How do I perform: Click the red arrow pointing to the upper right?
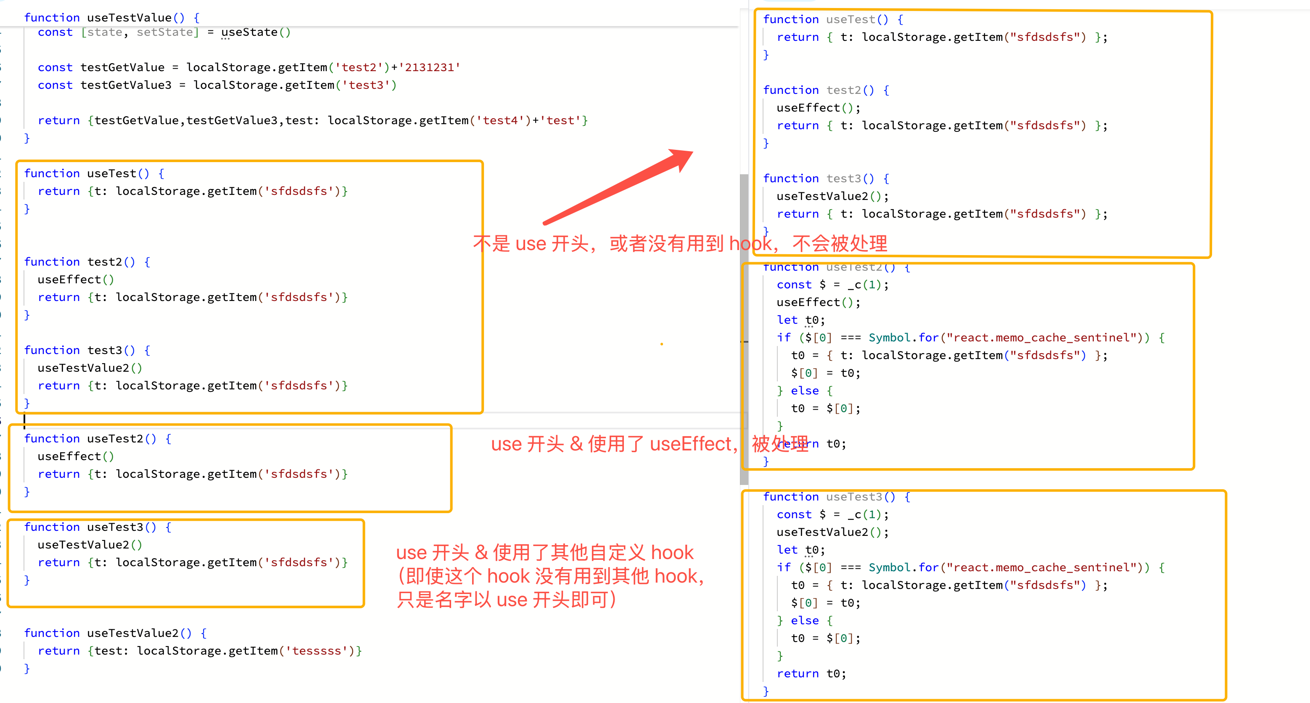click(618, 187)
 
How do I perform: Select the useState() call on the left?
click(256, 32)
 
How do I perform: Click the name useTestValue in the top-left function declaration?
click(129, 17)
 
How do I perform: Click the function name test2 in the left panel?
click(105, 262)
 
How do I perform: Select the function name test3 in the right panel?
click(844, 178)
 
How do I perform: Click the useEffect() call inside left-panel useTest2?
click(76, 456)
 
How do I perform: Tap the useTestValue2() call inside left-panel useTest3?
click(90, 545)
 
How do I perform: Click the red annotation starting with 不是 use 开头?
click(680, 243)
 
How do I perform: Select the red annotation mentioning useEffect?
click(650, 444)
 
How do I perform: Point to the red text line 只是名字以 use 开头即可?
click(507, 600)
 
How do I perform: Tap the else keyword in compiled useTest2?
click(805, 391)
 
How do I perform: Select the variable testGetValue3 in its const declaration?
click(126, 85)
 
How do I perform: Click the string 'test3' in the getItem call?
click(366, 85)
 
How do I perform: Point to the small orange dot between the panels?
click(662, 344)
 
